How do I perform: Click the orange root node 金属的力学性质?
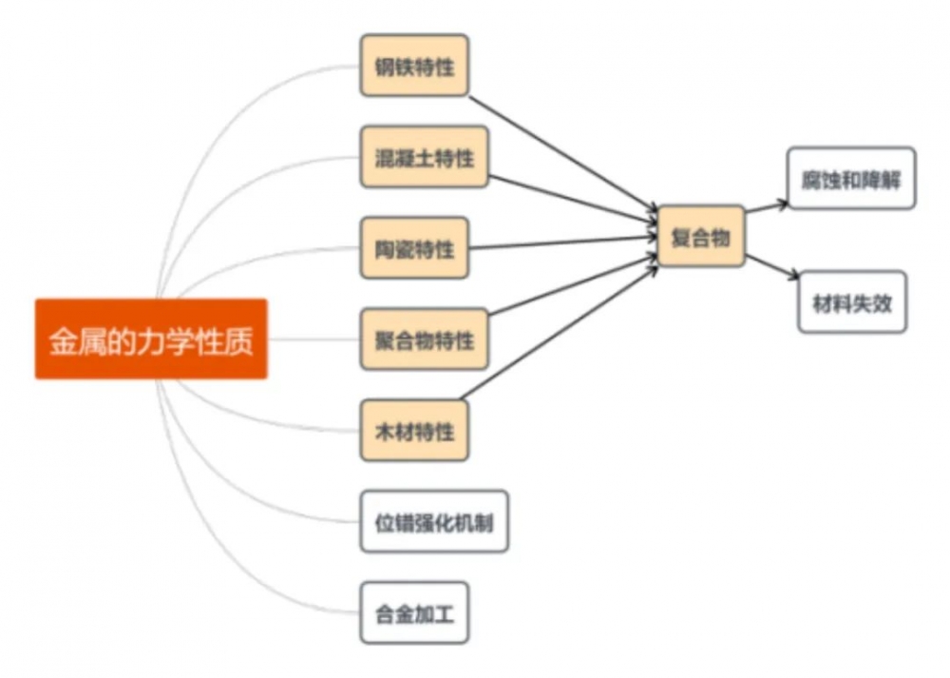point(151,339)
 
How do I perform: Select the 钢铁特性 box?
point(414,66)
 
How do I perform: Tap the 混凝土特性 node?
point(424,157)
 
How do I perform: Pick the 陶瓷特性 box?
point(414,248)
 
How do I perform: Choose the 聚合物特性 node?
point(424,339)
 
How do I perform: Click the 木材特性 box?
point(414,431)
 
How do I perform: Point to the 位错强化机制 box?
point(434,522)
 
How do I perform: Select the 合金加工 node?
point(414,613)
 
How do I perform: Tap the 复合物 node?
point(701,236)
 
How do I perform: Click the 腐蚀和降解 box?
point(851,179)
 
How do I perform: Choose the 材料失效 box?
point(852,302)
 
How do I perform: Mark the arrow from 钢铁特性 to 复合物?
point(560,151)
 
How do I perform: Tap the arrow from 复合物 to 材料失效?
point(771,267)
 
